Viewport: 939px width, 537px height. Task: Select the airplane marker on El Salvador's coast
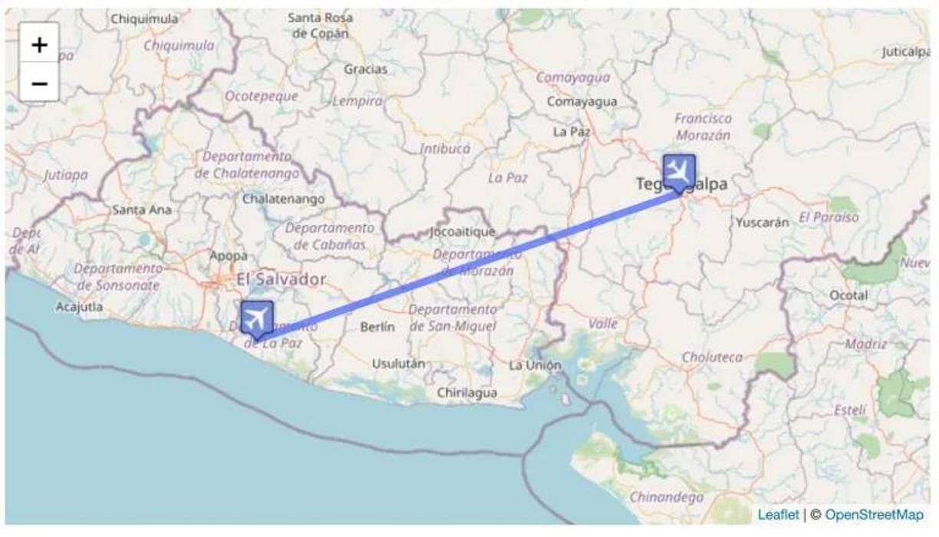tap(257, 318)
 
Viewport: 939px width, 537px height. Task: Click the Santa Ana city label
tap(142, 209)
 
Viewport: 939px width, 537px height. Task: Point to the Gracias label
tap(365, 69)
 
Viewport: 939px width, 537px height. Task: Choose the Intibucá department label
tap(445, 149)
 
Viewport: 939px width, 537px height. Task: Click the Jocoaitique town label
tap(463, 232)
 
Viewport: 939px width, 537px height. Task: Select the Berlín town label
tap(377, 327)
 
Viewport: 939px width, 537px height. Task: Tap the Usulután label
tap(398, 364)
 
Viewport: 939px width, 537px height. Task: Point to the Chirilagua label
tap(466, 393)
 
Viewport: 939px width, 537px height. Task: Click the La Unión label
tap(535, 365)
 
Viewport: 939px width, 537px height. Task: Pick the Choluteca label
tap(712, 357)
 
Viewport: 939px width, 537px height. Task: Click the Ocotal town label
tap(848, 295)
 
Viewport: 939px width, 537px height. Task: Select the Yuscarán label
tap(762, 223)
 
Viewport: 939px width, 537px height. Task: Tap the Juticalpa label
tap(905, 52)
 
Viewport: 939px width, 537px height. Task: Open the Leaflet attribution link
tap(778, 515)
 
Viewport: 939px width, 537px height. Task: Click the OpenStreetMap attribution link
tap(874, 515)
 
